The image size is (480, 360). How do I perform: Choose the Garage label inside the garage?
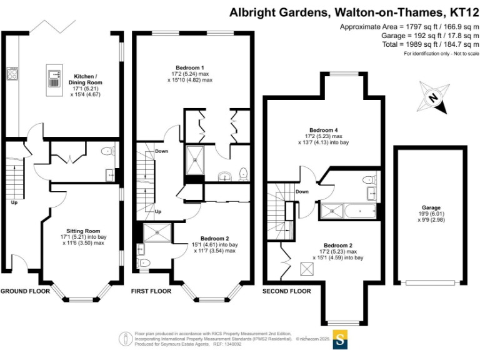pyautogui.click(x=431, y=207)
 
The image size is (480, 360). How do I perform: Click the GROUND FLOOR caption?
pyautogui.click(x=24, y=291)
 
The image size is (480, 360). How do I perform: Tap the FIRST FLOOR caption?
pyautogui.click(x=151, y=291)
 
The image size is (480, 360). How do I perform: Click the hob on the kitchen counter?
pyautogui.click(x=12, y=74)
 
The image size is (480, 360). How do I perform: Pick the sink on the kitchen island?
pyautogui.click(x=53, y=76)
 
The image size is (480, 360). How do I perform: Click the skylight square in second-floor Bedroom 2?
pyautogui.click(x=306, y=269)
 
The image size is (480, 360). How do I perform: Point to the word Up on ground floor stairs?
pyautogui.click(x=13, y=202)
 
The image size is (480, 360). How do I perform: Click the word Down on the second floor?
pyautogui.click(x=302, y=191)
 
